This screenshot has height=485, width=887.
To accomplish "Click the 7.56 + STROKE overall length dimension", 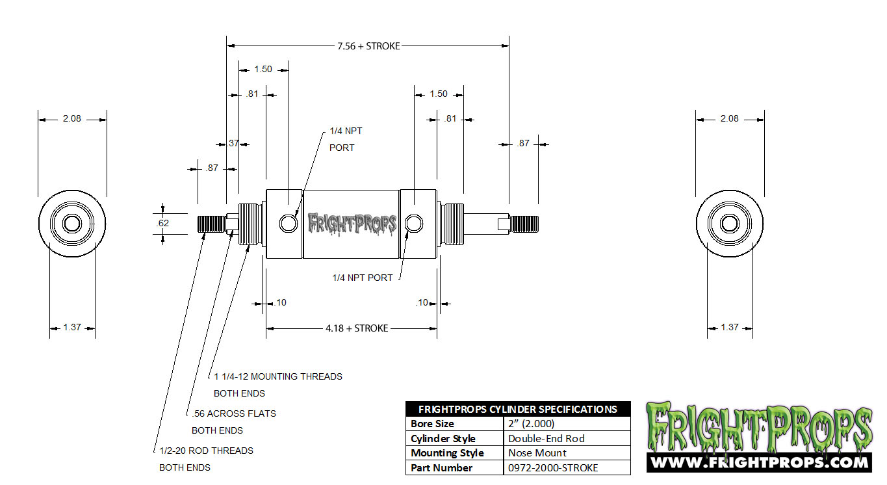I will pos(368,46).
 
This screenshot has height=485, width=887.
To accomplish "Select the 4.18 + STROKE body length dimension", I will pos(357,328).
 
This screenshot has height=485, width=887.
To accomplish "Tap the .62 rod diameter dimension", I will pos(163,224).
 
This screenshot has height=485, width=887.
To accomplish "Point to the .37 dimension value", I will pos(232,144).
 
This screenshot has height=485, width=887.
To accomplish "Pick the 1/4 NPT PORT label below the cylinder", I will pos(363,278).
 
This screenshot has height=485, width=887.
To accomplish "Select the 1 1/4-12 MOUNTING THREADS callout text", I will pos(278,376).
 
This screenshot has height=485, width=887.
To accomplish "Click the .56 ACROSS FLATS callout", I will pos(234,413).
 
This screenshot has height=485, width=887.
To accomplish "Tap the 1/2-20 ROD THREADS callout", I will pos(206,451).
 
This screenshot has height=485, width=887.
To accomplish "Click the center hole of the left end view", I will pos(72,224).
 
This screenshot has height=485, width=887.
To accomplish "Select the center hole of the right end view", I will pos(730,224).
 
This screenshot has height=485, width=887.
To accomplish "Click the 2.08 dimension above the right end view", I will pos(730,119).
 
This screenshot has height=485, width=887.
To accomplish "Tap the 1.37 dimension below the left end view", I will pos(72,328).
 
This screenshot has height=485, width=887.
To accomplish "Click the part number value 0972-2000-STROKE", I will pos(553,468).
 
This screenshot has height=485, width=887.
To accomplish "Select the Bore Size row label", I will pos(433,424).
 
